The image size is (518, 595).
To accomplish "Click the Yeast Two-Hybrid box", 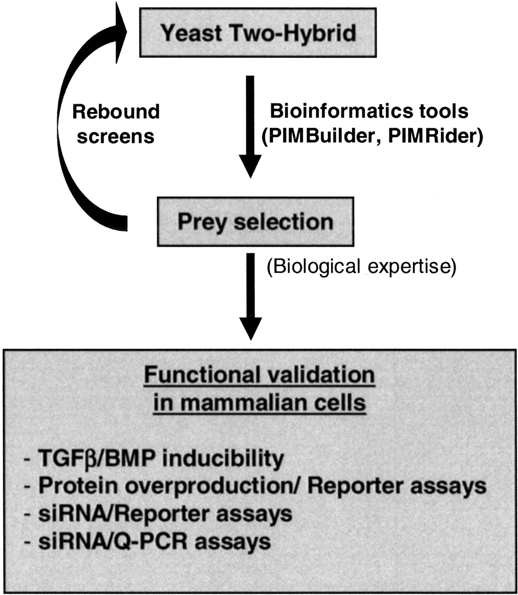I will [x=258, y=33].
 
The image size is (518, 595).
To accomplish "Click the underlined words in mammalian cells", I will [x=260, y=403].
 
